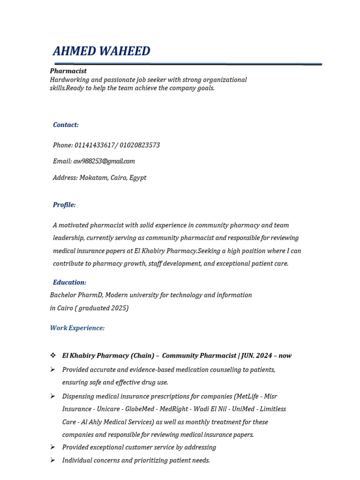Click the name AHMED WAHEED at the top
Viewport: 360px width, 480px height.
coord(101,51)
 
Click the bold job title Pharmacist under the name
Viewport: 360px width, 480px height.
coord(68,71)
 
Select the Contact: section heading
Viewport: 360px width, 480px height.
coord(66,125)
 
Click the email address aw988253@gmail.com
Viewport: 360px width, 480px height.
coord(104,161)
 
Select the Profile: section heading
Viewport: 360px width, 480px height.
coord(64,205)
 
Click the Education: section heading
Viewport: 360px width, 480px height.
coord(69,283)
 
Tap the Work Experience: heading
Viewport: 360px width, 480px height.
coord(77,328)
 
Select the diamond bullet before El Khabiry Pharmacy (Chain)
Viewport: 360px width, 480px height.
coord(53,355)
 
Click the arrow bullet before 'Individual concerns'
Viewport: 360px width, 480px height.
coord(53,460)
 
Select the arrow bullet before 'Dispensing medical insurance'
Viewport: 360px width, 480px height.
coord(53,396)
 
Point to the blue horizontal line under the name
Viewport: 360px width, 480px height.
coord(187,64)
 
